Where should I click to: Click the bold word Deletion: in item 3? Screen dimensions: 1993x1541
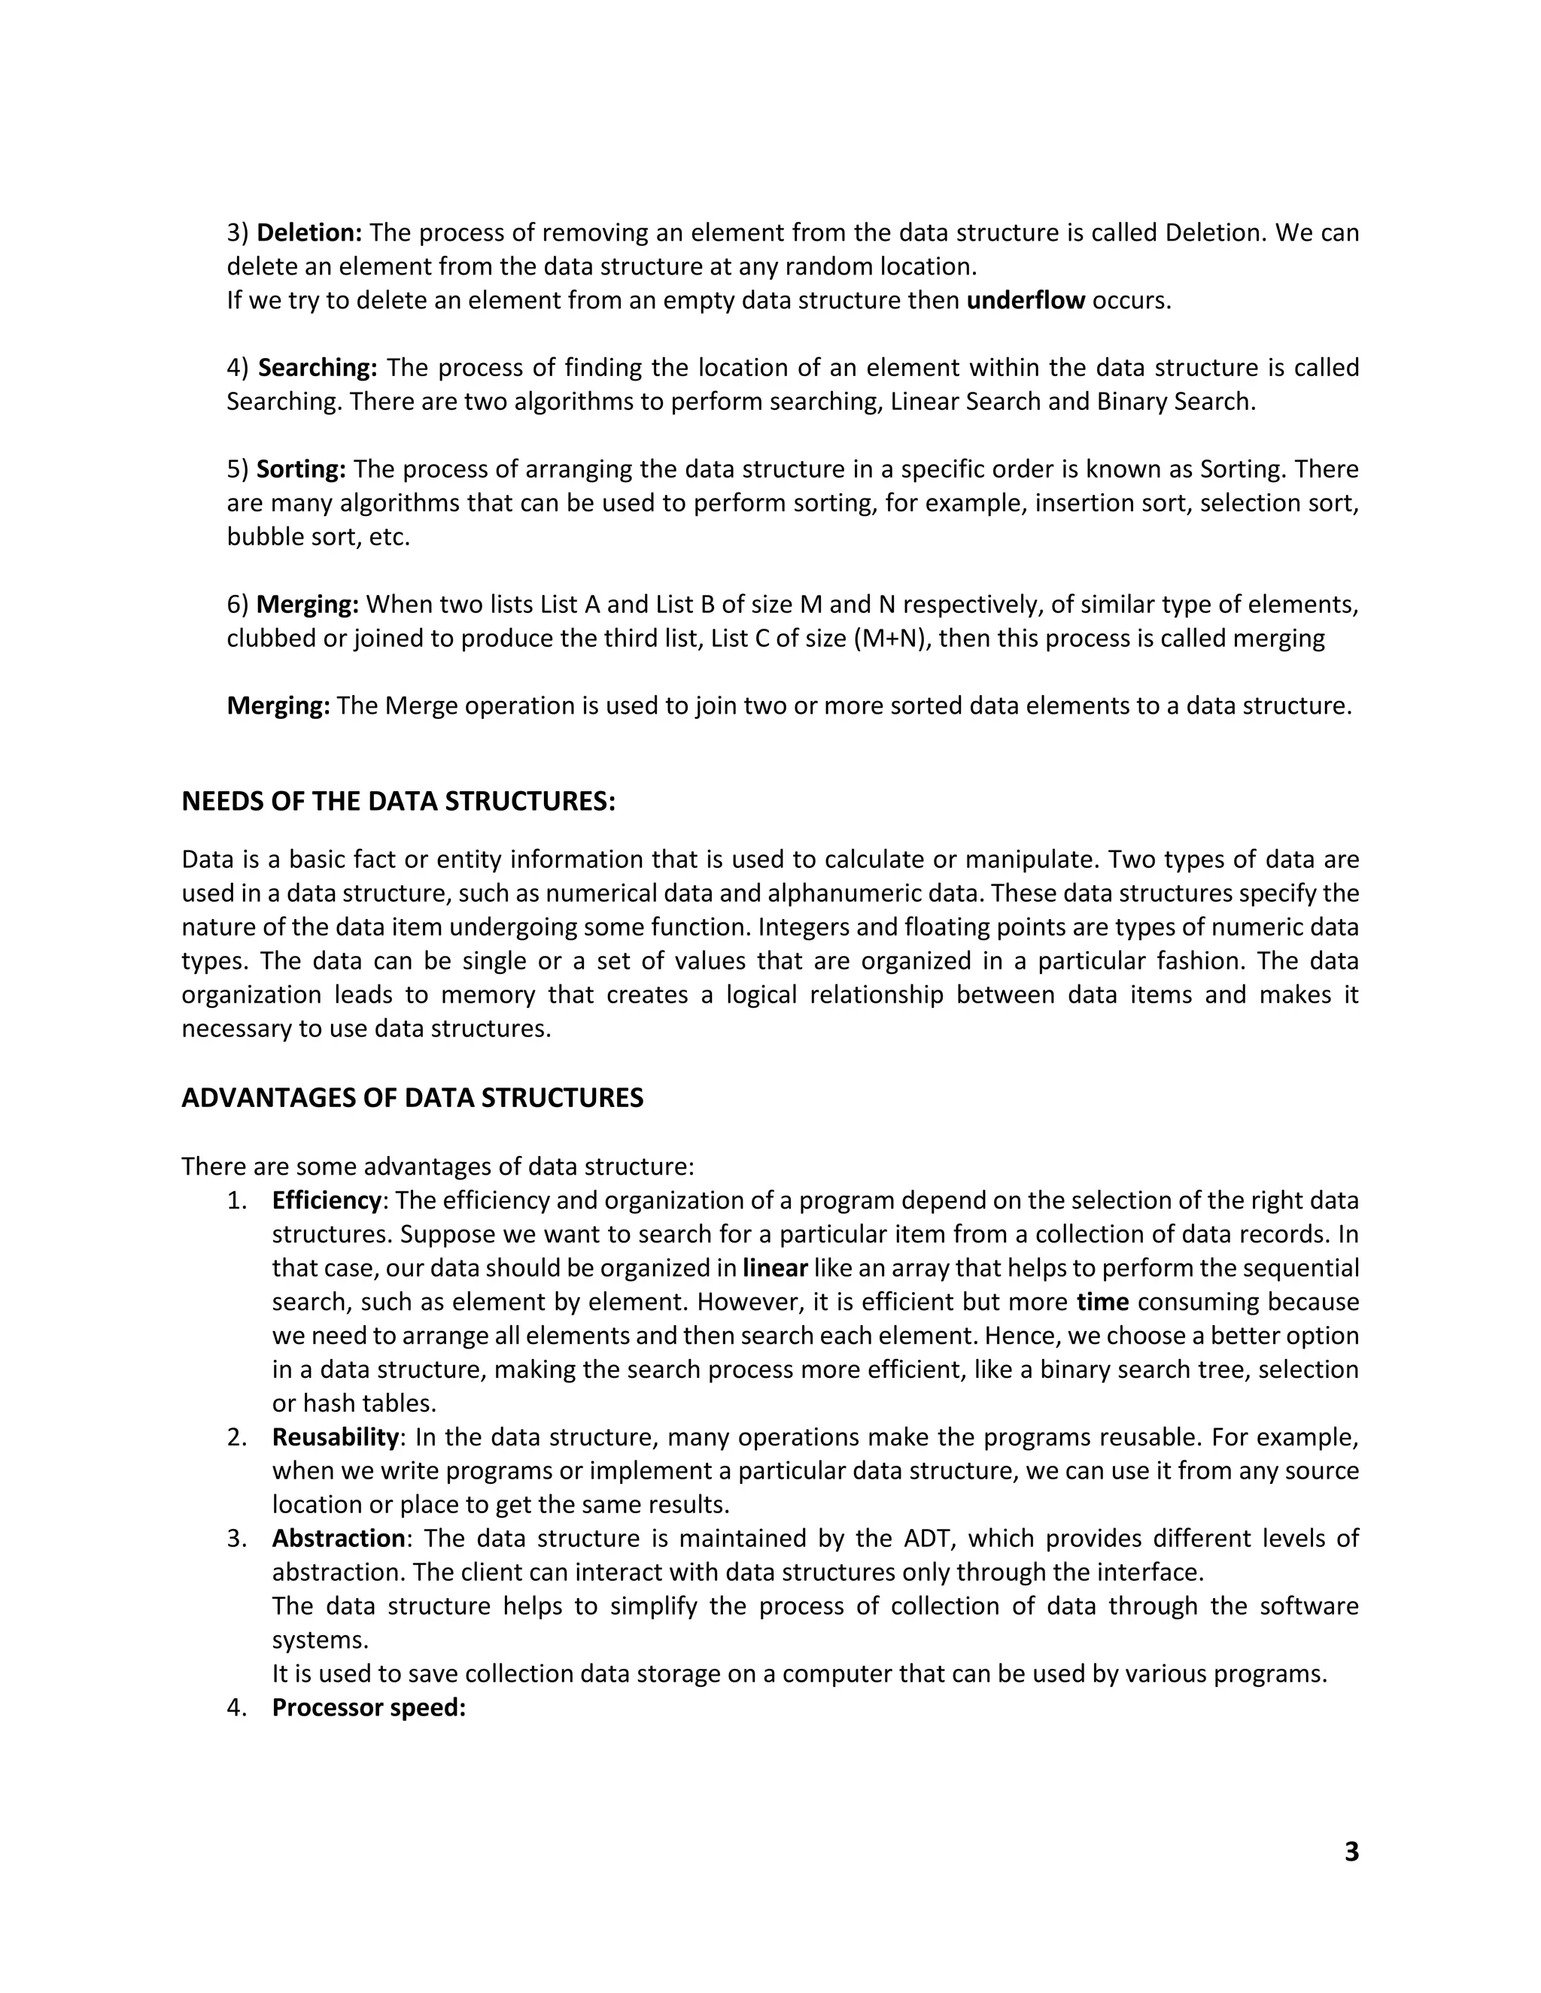(309, 232)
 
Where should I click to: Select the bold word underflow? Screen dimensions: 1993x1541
(1026, 300)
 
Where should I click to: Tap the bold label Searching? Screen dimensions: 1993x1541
(317, 368)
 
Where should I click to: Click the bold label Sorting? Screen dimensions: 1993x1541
(301, 469)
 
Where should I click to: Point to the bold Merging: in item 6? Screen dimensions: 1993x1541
(308, 604)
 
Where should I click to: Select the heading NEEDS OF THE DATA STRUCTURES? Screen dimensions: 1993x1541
(398, 801)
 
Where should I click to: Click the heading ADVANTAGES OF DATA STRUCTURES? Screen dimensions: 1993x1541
(412, 1098)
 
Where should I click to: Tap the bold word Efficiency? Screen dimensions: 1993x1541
(326, 1201)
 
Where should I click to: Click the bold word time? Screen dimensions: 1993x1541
(1103, 1302)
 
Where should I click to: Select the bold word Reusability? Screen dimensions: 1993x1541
(335, 1437)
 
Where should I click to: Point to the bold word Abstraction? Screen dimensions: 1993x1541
(339, 1539)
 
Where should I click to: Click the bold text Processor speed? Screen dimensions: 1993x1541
(369, 1708)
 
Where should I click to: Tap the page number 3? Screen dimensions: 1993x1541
(1351, 1852)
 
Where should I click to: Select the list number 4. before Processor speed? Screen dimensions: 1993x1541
(236, 1708)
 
